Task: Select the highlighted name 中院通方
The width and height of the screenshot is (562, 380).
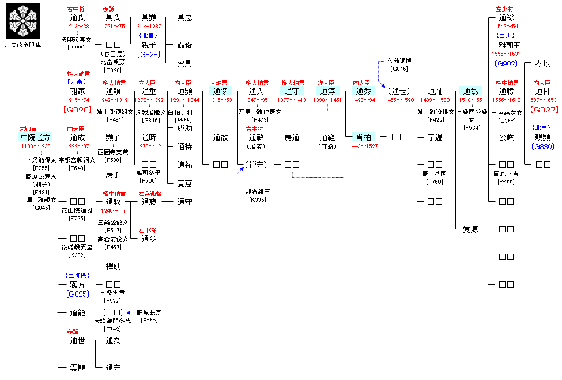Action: (36, 137)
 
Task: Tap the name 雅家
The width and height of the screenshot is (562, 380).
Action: (77, 91)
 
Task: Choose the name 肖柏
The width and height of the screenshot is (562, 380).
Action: (363, 137)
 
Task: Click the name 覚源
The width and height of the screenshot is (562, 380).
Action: (470, 229)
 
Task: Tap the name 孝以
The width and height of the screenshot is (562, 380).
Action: (543, 64)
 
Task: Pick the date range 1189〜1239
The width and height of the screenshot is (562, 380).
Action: (36, 147)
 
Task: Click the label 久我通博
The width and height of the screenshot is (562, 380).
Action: (399, 61)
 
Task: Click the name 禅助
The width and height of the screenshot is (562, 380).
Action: (113, 266)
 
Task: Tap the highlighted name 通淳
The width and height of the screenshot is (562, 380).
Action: (327, 91)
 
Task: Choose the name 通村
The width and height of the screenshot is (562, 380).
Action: (543, 91)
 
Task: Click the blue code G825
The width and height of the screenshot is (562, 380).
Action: (77, 294)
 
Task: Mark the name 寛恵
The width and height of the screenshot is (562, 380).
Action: (185, 183)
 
